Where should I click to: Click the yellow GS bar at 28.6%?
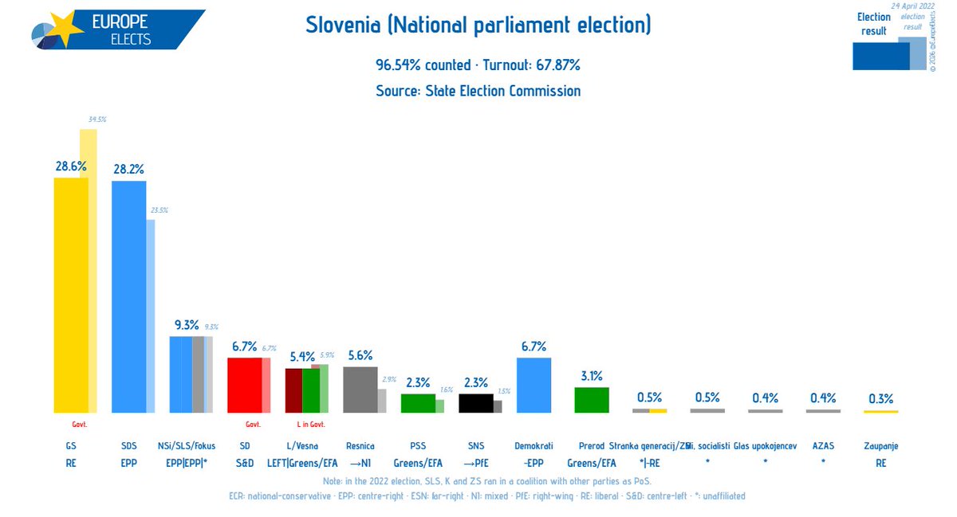coord(70,295)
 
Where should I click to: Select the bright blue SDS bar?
coord(128,296)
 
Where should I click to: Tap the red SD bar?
coord(244,385)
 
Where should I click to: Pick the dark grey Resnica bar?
coord(360,390)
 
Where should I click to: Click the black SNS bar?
coord(475,403)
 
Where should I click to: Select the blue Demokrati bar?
coord(534,385)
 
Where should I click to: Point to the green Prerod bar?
coord(592,400)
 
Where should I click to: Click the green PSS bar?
coord(417,403)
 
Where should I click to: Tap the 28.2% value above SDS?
coord(128,169)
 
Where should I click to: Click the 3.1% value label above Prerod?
coord(592,376)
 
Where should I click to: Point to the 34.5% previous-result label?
coord(96,119)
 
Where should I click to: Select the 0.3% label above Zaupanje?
coord(880,398)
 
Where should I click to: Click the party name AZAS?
coord(822,446)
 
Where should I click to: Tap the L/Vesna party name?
coord(302,446)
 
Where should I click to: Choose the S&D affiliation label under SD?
coord(244,461)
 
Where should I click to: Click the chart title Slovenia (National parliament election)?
coord(478,25)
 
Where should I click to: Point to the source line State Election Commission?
coord(478,91)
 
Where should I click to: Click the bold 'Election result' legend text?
coord(874,24)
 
